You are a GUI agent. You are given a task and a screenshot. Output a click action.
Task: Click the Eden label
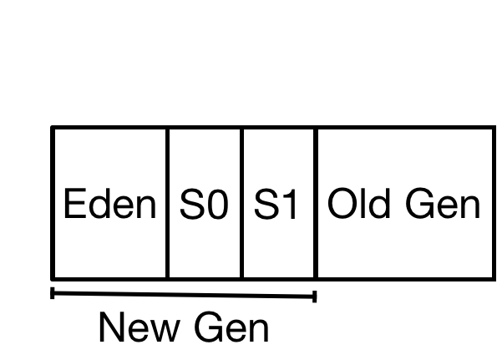pyautogui.click(x=110, y=203)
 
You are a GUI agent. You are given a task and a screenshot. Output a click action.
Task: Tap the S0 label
pyautogui.click(x=204, y=204)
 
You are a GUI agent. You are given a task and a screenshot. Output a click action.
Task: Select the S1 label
pyautogui.click(x=276, y=204)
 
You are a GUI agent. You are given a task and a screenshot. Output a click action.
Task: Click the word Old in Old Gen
pyautogui.click(x=358, y=203)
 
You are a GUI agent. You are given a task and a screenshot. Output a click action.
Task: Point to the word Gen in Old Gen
pyautogui.click(x=443, y=203)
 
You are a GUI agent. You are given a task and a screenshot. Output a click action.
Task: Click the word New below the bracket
pyautogui.click(x=139, y=327)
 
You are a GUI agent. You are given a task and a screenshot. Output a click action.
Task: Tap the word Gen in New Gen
pyautogui.click(x=231, y=327)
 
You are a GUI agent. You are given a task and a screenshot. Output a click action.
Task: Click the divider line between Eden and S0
pyautogui.click(x=167, y=203)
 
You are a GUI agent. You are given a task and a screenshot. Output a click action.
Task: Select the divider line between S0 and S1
pyautogui.click(x=242, y=203)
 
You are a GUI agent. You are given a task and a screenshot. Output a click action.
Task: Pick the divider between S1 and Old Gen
pyautogui.click(x=316, y=203)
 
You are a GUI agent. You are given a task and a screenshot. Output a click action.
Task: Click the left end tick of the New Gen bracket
pyautogui.click(x=53, y=293)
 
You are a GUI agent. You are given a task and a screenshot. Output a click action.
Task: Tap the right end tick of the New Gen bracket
pyautogui.click(x=314, y=297)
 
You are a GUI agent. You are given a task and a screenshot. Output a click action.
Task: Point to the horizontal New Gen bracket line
pyautogui.click(x=183, y=295)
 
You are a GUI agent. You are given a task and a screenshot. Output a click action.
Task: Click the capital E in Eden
pyautogui.click(x=75, y=203)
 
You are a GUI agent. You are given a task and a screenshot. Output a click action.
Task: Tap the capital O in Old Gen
pyautogui.click(x=342, y=203)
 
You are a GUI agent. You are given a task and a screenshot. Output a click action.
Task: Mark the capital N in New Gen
pyautogui.click(x=111, y=327)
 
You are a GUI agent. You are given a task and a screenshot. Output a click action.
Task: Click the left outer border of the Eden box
pyautogui.click(x=53, y=203)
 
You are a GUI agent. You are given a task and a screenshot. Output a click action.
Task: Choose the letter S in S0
pyautogui.click(x=191, y=204)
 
